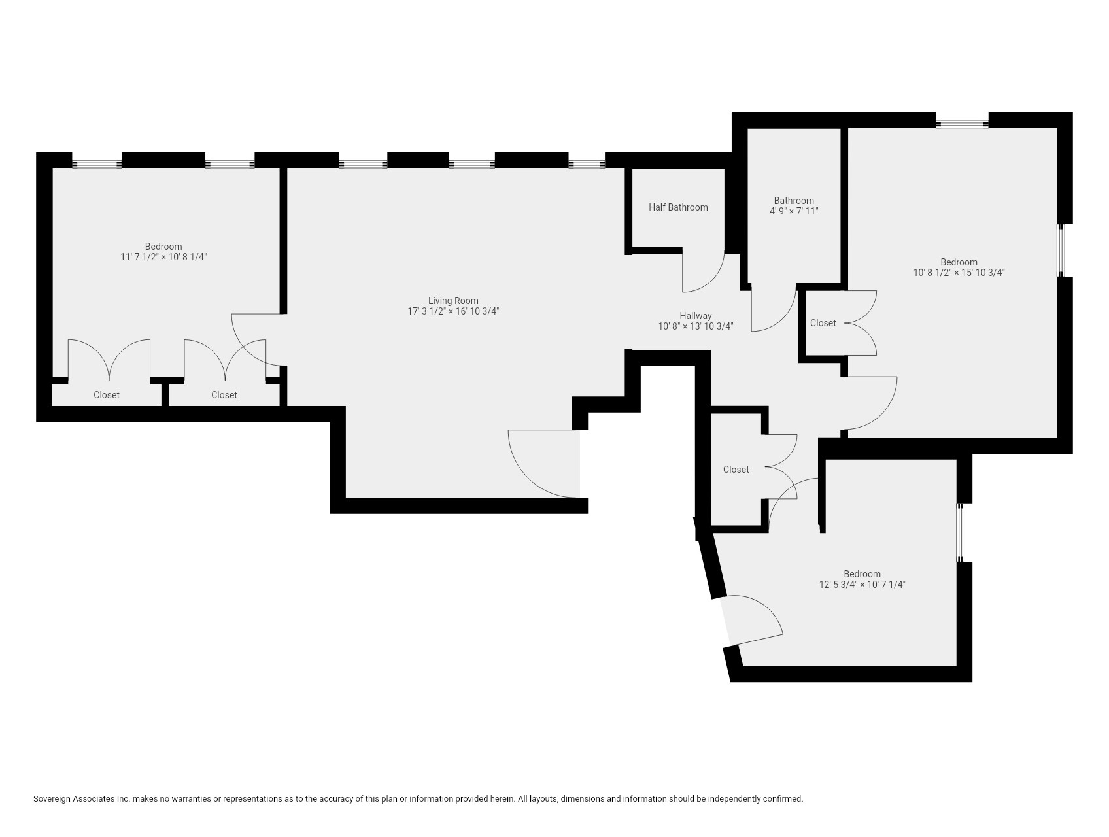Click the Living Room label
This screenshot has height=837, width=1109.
pos(453,301)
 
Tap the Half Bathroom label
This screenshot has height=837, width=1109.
pos(678,207)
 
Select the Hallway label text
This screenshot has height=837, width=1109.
pos(695,315)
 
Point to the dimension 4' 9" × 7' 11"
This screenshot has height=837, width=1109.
pos(794,211)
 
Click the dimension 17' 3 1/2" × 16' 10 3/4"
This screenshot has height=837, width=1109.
pos(453,311)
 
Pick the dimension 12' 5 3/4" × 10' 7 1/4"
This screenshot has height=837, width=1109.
pos(862,585)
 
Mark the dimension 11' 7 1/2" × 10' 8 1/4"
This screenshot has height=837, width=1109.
pos(163,257)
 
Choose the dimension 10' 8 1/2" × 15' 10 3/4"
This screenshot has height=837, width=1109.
pos(959,273)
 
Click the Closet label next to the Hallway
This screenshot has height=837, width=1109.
pos(823,323)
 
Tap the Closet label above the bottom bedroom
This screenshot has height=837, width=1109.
pos(736,470)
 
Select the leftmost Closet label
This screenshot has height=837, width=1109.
pos(107,395)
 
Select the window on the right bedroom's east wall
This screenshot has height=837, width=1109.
pos(1062,250)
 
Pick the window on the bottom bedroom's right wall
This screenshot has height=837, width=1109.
pos(961,532)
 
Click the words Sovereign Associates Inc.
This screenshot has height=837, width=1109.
pos(82,798)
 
